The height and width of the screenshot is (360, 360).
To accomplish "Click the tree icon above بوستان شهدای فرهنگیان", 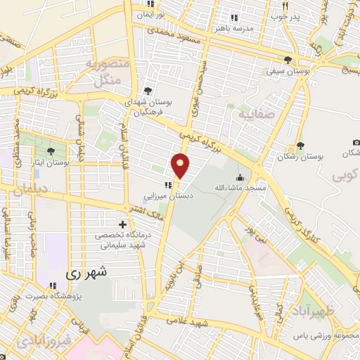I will (x=148, y=91).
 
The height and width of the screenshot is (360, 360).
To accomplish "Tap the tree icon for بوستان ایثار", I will (x=50, y=150).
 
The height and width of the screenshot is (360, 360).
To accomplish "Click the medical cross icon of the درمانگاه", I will (x=122, y=224).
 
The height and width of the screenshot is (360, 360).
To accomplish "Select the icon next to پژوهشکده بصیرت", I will (x=52, y=285).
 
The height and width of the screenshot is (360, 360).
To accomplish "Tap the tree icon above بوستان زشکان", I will (x=300, y=146).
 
